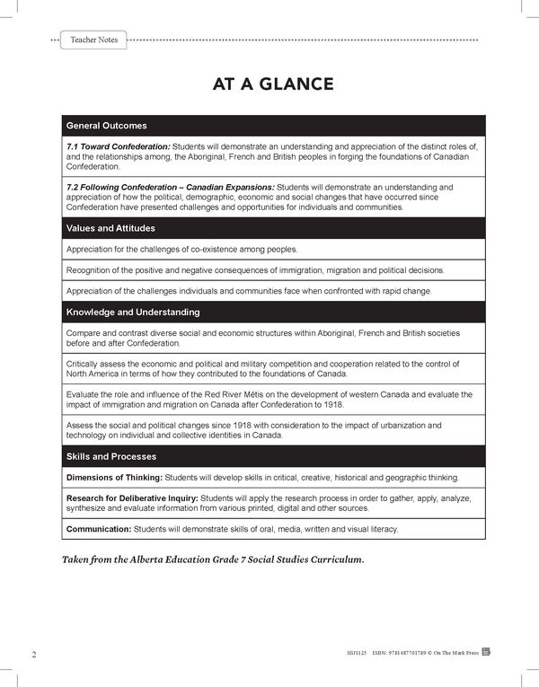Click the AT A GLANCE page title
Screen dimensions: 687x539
[273, 84]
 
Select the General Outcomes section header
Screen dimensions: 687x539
[107, 126]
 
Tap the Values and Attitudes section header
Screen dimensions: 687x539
[110, 228]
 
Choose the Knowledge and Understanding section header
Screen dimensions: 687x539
[133, 313]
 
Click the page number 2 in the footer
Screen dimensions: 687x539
[33, 654]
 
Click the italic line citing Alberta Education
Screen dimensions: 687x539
[212, 559]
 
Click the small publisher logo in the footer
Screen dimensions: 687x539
[486, 653]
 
